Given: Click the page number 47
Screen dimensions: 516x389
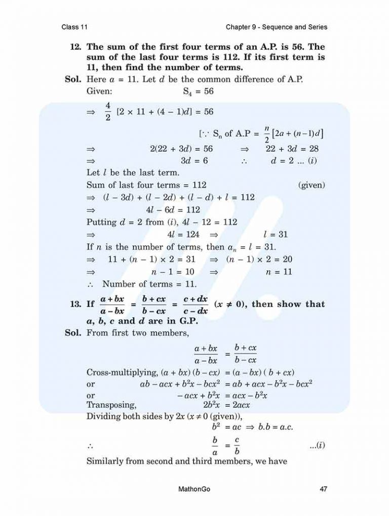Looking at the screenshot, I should (323, 489).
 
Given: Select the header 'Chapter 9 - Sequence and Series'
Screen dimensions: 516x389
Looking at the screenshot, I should (277, 27).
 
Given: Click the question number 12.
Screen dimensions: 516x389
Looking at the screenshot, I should (76, 47).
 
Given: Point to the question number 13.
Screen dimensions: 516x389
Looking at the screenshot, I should (76, 305).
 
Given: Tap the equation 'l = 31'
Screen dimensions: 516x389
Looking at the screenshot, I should (276, 235).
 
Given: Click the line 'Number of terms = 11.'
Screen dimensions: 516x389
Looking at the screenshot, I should (149, 284).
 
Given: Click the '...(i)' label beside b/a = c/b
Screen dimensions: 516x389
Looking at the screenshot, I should (317, 445).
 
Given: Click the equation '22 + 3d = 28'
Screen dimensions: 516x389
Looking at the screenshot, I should (292, 149).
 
